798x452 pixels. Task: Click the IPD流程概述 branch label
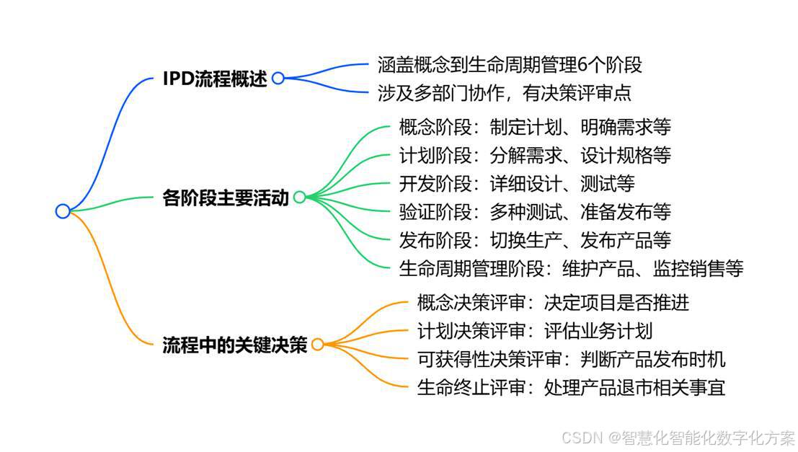coord(215,79)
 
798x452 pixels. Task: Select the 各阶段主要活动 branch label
coord(226,198)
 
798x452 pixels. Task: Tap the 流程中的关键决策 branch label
coord(235,345)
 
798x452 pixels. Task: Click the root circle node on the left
coord(63,211)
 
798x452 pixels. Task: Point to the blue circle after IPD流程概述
coord(278,79)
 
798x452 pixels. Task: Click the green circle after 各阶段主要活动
coord(299,197)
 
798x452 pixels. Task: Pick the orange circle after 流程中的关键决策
coord(317,345)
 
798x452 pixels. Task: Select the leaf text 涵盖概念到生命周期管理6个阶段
coord(510,65)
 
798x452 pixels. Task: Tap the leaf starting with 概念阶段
coord(534,128)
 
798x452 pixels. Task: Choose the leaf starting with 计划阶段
coord(534,156)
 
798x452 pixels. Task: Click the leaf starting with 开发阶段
coord(516,184)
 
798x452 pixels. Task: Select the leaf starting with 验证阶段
coord(534,212)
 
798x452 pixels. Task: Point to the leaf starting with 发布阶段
coord(534,239)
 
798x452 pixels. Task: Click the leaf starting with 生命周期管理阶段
coord(570,268)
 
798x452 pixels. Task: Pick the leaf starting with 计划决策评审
coord(534,331)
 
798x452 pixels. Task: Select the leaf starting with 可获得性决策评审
coord(571,359)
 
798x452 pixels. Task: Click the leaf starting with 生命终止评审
coord(571,387)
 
